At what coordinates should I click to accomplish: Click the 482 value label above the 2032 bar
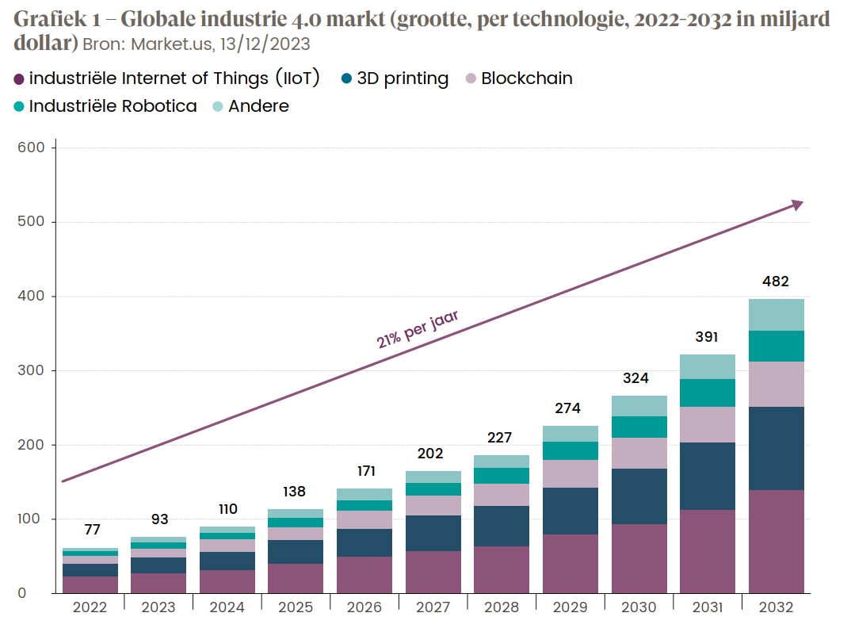(x=775, y=282)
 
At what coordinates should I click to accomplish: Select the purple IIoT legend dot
(x=19, y=79)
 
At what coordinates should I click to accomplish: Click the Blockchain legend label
(x=526, y=79)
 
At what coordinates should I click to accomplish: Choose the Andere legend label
(x=258, y=106)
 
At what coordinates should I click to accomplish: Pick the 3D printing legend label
(x=403, y=79)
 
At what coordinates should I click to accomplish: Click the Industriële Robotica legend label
(x=113, y=106)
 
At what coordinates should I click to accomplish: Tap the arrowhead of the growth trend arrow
(x=797, y=205)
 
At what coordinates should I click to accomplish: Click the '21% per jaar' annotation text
(x=417, y=330)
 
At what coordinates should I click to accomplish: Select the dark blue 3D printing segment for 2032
(x=775, y=448)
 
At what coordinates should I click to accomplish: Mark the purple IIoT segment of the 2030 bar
(x=639, y=558)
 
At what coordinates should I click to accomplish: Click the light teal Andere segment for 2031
(x=707, y=366)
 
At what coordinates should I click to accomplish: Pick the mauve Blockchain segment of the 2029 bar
(x=570, y=473)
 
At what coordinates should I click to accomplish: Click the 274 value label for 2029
(x=568, y=409)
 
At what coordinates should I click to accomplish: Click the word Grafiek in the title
(x=44, y=19)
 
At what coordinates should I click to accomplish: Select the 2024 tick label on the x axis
(x=227, y=607)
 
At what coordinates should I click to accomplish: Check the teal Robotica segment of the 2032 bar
(x=775, y=346)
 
